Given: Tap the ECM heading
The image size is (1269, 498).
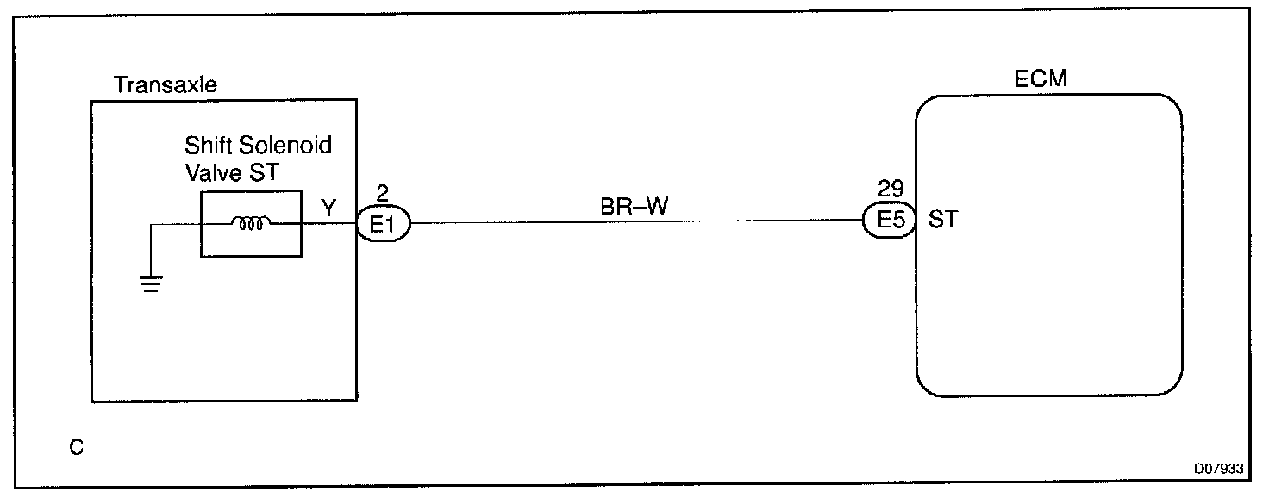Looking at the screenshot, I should click(1041, 80).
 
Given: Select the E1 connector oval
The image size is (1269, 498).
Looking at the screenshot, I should click(383, 225).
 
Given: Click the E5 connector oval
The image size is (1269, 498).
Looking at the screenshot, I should click(889, 221).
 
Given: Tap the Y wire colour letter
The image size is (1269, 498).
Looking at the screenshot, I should click(328, 208).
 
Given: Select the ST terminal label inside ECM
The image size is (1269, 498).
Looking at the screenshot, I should click(942, 221).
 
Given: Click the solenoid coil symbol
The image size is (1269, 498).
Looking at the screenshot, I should click(251, 224).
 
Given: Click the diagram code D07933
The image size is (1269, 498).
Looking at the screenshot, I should click(1218, 469).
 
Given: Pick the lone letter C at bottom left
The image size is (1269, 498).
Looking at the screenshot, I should click(77, 448).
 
